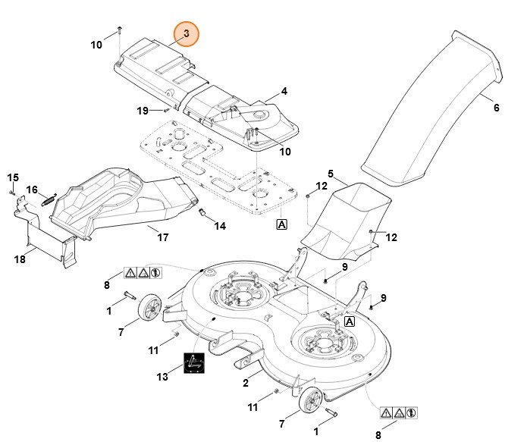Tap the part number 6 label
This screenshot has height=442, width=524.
point(497,108)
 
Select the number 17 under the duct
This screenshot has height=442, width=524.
point(162,237)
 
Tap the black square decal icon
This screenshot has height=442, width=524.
point(195,364)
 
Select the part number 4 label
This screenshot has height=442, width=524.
point(284,91)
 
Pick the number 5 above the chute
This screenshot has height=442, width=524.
point(331,174)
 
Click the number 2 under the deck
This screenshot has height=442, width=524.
point(246,384)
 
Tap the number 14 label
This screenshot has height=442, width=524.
point(219,226)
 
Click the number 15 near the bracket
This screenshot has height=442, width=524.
point(12,177)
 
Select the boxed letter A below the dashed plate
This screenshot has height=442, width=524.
point(281,224)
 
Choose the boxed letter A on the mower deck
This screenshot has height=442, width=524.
point(350,321)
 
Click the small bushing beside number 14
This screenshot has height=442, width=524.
point(202,214)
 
